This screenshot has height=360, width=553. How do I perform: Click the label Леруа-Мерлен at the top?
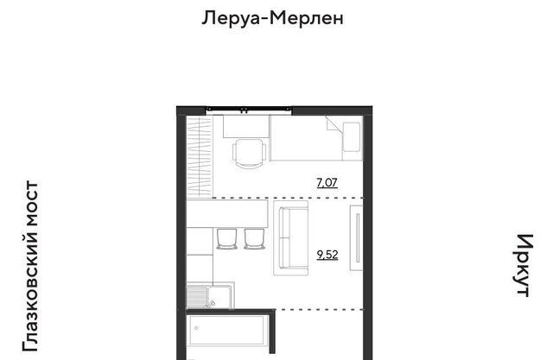tap(272, 17)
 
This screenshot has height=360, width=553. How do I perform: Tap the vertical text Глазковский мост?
tap(30, 266)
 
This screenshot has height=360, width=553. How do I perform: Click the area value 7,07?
tap(327, 183)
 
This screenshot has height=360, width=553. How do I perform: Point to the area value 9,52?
tap(327, 255)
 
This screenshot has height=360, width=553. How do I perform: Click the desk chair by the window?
tap(250, 154)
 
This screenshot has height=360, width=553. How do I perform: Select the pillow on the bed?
tap(352, 136)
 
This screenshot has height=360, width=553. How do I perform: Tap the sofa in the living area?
tap(291, 237)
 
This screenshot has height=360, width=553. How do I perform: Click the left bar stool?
tap(226, 238)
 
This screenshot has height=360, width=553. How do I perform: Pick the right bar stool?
tap(254, 238)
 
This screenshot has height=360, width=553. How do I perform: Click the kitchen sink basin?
tap(219, 297)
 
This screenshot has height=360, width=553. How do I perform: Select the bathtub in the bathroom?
tap(226, 331)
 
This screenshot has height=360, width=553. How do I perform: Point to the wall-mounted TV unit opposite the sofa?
tap(356, 238)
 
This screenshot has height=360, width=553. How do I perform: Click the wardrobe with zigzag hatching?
tap(200, 156)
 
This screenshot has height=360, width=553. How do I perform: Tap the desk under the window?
tap(246, 126)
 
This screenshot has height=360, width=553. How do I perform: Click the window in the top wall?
tap(249, 111)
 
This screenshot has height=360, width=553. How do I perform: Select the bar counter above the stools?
tap(227, 213)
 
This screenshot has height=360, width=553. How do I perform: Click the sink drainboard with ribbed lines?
tap(197, 297)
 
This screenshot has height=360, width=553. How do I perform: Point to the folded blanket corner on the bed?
tap(334, 125)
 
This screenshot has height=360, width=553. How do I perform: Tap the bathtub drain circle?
tap(196, 328)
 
